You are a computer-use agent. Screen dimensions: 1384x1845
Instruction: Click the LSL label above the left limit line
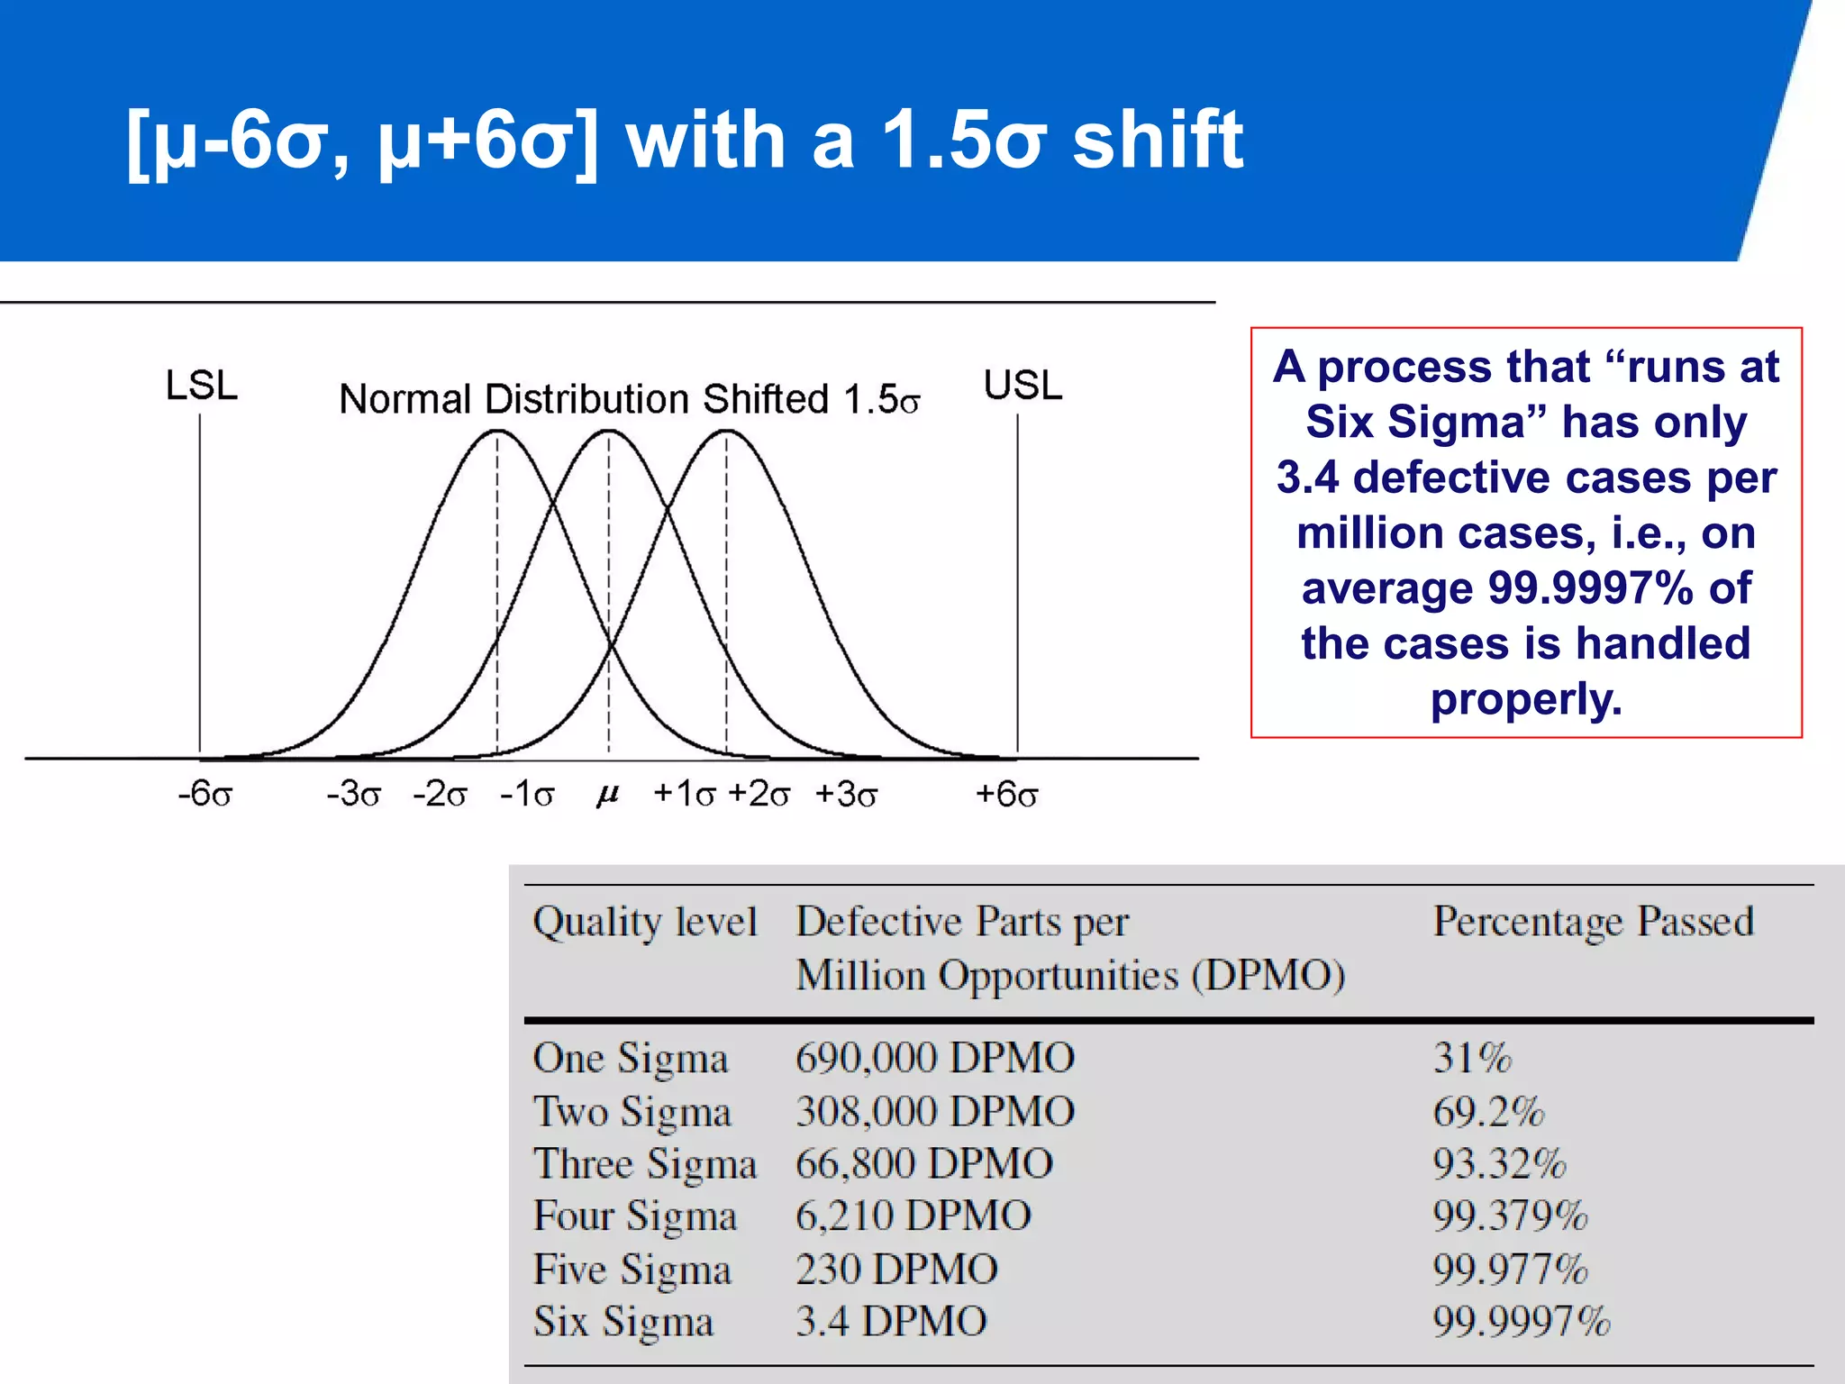(x=202, y=386)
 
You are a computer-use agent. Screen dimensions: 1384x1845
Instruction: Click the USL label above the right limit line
(x=1022, y=386)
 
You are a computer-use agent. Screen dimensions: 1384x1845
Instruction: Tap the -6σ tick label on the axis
(x=205, y=795)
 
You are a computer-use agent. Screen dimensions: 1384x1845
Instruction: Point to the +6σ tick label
(x=1007, y=795)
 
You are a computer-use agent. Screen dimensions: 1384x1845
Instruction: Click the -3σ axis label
(x=354, y=795)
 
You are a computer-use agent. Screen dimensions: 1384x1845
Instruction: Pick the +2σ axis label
(x=759, y=795)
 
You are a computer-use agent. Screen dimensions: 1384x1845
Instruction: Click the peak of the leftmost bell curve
(x=497, y=432)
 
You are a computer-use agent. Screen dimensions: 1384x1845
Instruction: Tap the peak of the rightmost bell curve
(x=726, y=432)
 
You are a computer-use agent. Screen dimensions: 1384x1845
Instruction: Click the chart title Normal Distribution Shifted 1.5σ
(x=629, y=399)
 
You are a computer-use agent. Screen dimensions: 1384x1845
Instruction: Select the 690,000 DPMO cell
(x=934, y=1058)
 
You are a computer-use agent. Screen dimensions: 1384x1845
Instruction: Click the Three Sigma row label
(x=644, y=1163)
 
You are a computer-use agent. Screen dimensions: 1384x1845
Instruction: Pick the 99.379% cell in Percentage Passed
(x=1510, y=1216)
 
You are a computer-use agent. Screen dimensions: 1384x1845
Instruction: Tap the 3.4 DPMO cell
(x=891, y=1322)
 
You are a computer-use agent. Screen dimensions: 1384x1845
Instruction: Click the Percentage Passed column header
(x=1593, y=922)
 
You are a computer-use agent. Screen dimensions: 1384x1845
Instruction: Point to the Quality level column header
(x=644, y=922)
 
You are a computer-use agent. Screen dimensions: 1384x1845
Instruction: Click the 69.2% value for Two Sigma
(x=1488, y=1111)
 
